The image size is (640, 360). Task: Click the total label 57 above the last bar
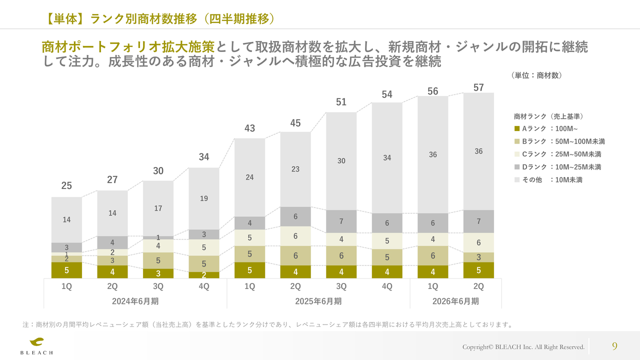pyautogui.click(x=478, y=87)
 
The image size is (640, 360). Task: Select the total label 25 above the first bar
pyautogui.click(x=66, y=185)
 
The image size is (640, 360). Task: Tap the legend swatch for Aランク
pyautogui.click(x=517, y=128)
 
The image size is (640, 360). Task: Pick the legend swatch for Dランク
pyautogui.click(x=517, y=167)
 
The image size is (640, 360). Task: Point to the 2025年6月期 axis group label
pyautogui.click(x=318, y=301)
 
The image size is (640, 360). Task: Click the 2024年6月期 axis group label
pyautogui.click(x=135, y=301)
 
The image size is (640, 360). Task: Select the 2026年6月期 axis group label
pyautogui.click(x=455, y=301)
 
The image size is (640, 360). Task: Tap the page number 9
pyautogui.click(x=614, y=346)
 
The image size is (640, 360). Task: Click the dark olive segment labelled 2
pyautogui.click(x=204, y=275)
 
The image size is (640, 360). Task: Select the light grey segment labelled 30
pyautogui.click(x=341, y=161)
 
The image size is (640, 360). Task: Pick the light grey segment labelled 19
pyautogui.click(x=204, y=198)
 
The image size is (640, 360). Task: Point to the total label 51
pyautogui.click(x=341, y=102)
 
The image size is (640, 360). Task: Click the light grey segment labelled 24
pyautogui.click(x=249, y=177)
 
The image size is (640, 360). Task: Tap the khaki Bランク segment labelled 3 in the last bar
pyautogui.click(x=478, y=257)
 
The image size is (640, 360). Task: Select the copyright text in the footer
pyautogui.click(x=523, y=347)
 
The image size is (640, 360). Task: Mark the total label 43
pyautogui.click(x=249, y=128)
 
